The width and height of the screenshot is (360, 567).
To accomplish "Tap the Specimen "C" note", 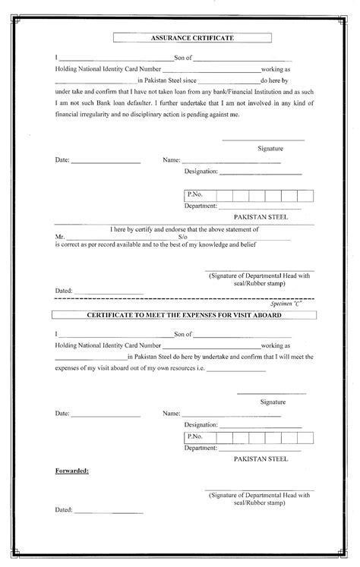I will [295, 303].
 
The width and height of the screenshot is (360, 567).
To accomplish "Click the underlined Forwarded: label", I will [71, 471].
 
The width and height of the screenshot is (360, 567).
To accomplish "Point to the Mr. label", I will [60, 236].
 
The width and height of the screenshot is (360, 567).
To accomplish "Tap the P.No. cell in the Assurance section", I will [195, 195].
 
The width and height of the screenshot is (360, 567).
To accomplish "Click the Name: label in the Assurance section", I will [171, 161].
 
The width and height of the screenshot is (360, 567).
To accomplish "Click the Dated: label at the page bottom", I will [64, 510].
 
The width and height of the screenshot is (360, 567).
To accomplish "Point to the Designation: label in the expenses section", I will [201, 425].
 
